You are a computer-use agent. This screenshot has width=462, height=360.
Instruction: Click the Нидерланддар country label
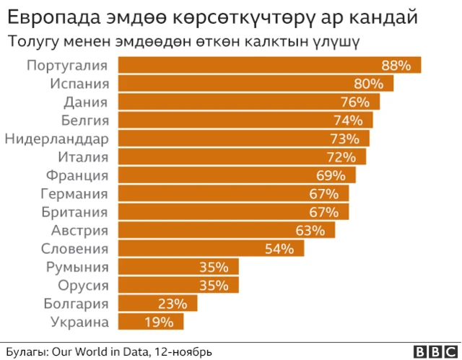click(56, 139)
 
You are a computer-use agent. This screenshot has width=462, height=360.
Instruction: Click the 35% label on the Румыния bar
click(214, 267)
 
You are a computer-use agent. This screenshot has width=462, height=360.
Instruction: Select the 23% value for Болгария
click(173, 304)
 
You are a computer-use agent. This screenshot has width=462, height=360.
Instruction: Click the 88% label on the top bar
click(396, 66)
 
